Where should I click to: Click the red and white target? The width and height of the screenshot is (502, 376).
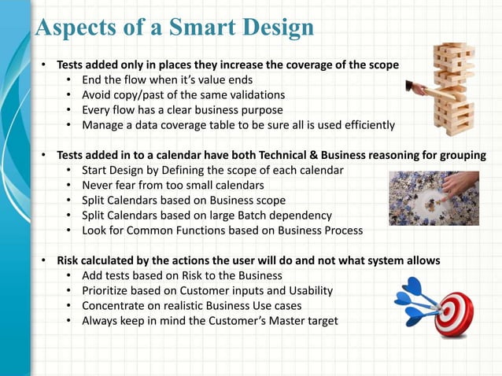454,314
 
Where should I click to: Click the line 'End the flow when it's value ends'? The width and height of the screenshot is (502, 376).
170,80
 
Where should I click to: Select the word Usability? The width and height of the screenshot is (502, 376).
308,290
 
